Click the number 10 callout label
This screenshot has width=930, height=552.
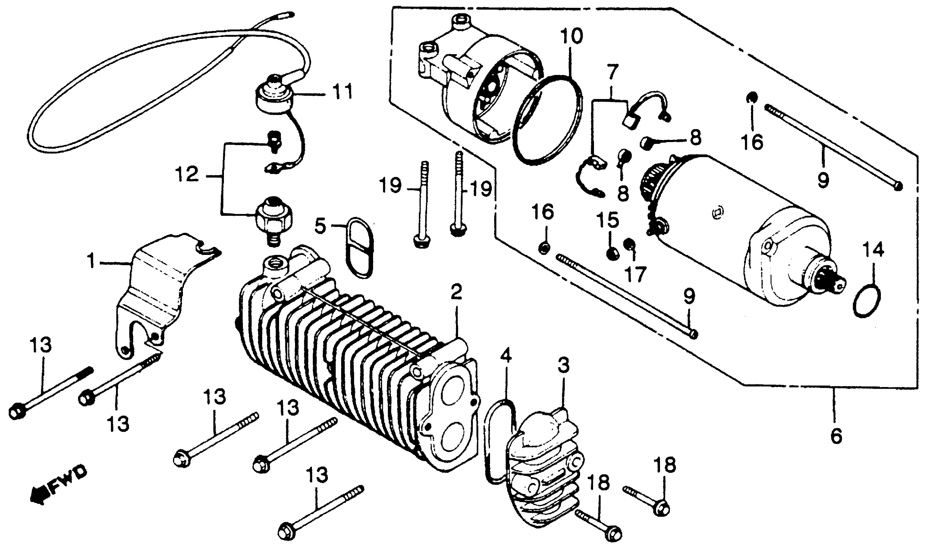tap(572, 36)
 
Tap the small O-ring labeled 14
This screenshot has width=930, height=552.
tap(867, 301)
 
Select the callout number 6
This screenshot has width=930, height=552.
tap(836, 437)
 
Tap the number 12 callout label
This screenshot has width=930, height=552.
tap(187, 174)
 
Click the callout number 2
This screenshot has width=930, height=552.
tap(456, 291)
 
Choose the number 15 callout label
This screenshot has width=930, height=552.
tap(608, 220)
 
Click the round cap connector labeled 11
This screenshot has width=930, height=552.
tap(274, 97)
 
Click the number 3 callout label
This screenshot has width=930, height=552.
tap(563, 366)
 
